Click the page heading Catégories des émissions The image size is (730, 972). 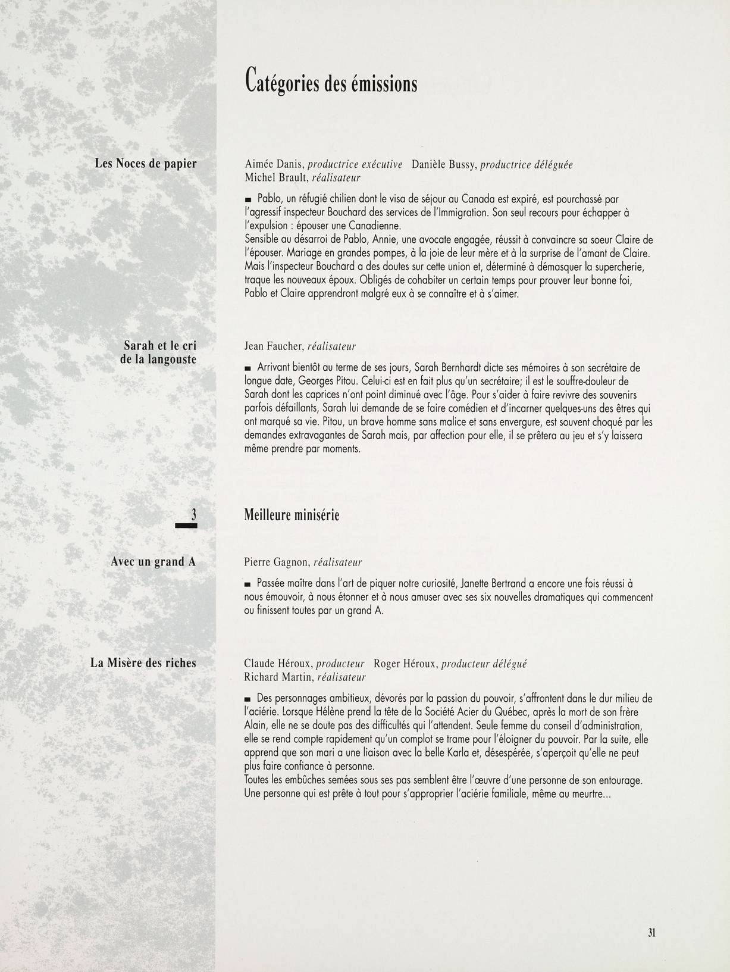(x=331, y=82)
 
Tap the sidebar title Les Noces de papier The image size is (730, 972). (x=146, y=164)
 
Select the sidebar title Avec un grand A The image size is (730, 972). (x=153, y=562)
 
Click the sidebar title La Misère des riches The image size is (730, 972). (x=143, y=662)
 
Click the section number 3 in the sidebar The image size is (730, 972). (x=193, y=514)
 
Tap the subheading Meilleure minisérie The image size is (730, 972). (x=292, y=515)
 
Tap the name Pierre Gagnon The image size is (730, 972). (x=276, y=562)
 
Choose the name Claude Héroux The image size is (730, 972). (x=277, y=664)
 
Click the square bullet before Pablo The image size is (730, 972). (x=248, y=199)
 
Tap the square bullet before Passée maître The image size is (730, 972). (x=248, y=585)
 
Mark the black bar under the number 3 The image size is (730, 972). (x=186, y=525)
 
